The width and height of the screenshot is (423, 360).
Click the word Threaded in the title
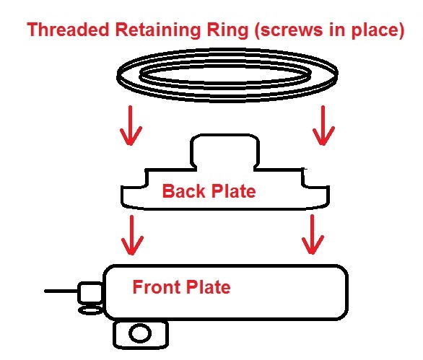pos(68,30)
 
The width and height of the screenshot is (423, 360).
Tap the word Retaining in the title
pos(158,30)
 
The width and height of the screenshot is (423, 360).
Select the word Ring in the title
pos(227,30)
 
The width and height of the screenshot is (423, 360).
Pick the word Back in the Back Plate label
pos(184,191)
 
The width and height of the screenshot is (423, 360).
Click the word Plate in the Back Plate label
pos(234,191)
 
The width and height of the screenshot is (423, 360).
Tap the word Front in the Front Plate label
pos(156,287)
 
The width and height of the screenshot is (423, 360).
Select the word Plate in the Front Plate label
pos(209,287)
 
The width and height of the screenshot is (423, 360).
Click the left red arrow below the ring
pos(131,126)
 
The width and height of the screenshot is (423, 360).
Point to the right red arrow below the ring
pos(323,126)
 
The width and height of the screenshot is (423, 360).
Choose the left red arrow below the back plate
pos(132,235)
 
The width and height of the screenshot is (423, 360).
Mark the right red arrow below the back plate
pos(313,234)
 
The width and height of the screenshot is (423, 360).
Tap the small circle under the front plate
pos(140,333)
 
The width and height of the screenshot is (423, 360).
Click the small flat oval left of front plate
pos(90,311)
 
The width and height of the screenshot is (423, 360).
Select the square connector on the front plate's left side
pos(90,292)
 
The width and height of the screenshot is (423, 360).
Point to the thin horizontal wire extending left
pos(61,291)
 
